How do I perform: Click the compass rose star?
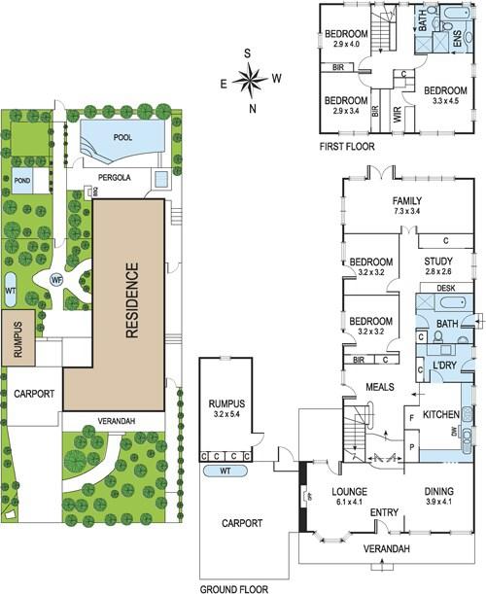pos(250,80)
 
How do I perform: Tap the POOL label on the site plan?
pos(122,137)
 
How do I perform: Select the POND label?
pos(22,180)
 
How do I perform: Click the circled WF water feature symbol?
pos(56,280)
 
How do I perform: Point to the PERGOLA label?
pos(115,177)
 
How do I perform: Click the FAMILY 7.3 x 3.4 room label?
pos(407,205)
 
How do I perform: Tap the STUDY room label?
pos(438,261)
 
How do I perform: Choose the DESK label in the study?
pos(446,288)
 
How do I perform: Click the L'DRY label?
pos(445,365)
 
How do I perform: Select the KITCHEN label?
pos(441,414)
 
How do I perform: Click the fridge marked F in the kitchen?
pos(412,418)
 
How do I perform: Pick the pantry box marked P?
pos(411,446)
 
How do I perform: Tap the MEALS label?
pos(380,387)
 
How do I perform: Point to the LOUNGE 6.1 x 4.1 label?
pos(349,496)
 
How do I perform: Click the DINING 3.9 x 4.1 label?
pos(438,496)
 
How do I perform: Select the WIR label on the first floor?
pos(398,114)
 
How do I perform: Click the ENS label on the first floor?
pos(457,38)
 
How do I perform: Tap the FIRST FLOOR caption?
pos(347,146)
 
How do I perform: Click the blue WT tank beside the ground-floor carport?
pos(226,471)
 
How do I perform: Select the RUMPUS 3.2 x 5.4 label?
pos(226,408)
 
